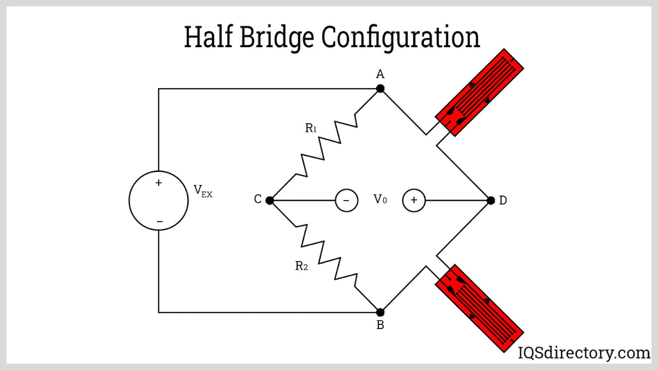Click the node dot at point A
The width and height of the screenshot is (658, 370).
pos(380,89)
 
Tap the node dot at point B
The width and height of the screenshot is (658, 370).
pos(380,312)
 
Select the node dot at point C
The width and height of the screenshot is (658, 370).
pos(270,200)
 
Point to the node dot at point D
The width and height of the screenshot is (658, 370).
pos(491,200)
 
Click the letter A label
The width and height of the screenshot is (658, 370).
pos(380,74)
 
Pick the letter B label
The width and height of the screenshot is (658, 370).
pos(380,325)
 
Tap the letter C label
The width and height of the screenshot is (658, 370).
pos(258,200)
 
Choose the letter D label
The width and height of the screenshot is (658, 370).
pos(503,200)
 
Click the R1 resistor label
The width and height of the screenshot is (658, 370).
pos(311,128)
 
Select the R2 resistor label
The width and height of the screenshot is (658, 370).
pos(301,266)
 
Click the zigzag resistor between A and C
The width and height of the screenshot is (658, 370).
pos(329,143)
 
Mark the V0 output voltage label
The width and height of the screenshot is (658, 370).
pos(380,200)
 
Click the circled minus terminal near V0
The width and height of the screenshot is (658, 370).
pos(346,200)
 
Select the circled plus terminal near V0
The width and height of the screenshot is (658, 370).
pos(414,200)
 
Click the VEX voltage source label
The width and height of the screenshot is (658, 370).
pos(203,191)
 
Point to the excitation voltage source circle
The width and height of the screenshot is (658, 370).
pos(159,200)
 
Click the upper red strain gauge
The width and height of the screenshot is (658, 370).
pos(479,92)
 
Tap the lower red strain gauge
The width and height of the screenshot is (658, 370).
pos(479,307)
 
